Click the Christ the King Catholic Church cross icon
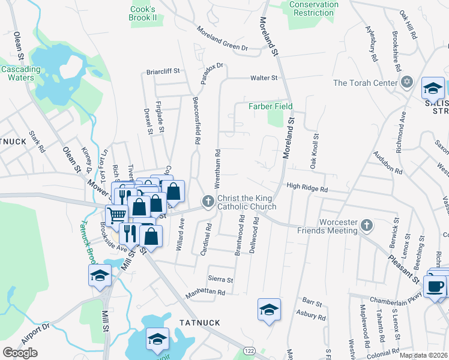pyautogui.click(x=208, y=201)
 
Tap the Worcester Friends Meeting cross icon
pyautogui.click(x=367, y=226)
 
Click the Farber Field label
pyautogui.click(x=271, y=107)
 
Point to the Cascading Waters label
pyautogui.click(x=20, y=73)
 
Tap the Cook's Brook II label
pyautogui.click(x=143, y=13)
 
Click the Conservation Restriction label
pyautogui.click(x=314, y=8)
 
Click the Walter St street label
pyautogui.click(x=264, y=78)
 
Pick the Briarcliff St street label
pyautogui.click(x=163, y=71)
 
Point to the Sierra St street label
pyautogui.click(x=220, y=279)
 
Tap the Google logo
pyautogui.click(x=20, y=352)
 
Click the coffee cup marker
pyautogui.click(x=435, y=285)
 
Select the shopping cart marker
pyautogui.click(x=117, y=214)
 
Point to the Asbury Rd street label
pyautogui.click(x=311, y=313)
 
